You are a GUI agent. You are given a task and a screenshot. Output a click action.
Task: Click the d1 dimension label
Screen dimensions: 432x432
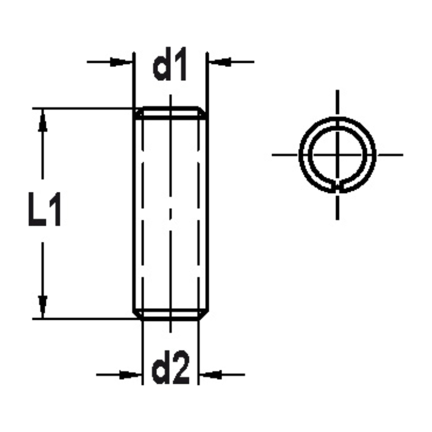(170, 67)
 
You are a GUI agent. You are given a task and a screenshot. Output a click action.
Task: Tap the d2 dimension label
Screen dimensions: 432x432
(170, 370)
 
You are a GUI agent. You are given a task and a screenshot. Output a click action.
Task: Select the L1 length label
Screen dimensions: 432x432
(44, 211)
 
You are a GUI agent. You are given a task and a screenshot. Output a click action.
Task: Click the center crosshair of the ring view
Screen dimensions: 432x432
(337, 154)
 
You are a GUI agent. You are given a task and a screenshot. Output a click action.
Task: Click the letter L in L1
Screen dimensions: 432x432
(37, 211)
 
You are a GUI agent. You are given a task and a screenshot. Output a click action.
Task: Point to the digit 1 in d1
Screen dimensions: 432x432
(181, 67)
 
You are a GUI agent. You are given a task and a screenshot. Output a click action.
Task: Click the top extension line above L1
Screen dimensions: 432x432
(82, 108)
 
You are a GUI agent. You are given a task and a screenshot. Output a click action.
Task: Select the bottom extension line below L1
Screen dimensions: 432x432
(82, 319)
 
